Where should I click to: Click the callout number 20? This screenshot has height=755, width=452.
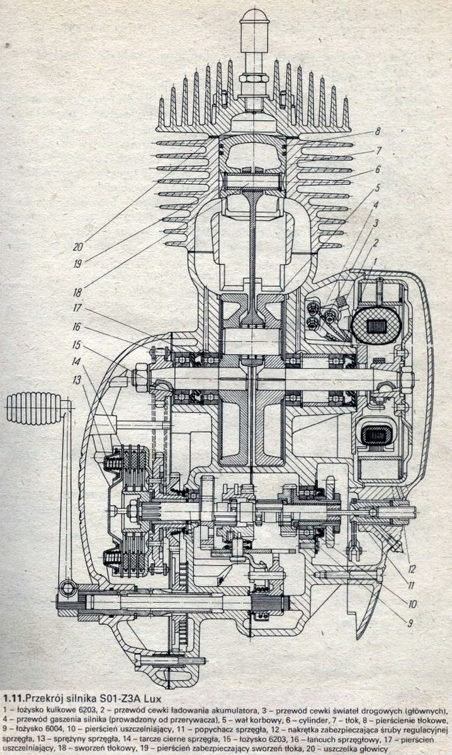[78, 247]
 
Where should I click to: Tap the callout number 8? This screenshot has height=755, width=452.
[378, 131]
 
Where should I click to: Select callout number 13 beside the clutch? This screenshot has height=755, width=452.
[77, 381]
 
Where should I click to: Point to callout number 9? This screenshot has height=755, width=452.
[410, 623]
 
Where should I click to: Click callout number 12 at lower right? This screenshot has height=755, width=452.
[411, 569]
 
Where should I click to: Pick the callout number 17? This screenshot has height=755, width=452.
[78, 308]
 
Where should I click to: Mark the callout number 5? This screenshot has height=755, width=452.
[377, 187]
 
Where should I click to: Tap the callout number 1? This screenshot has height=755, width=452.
[373, 260]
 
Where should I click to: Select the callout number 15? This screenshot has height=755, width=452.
[77, 345]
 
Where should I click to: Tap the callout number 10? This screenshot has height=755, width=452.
[412, 604]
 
